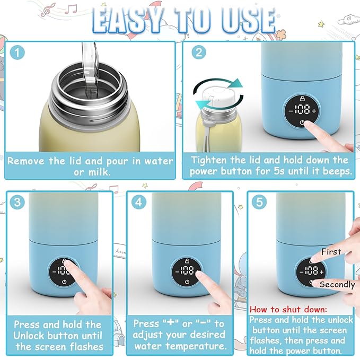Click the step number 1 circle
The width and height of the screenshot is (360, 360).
pos(17,53)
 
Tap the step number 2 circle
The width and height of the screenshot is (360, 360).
pos(198,53)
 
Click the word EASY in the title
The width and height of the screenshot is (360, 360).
pos(128,21)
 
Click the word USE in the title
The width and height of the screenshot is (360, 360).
pos(244,21)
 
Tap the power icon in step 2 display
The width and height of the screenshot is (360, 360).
pos(302,123)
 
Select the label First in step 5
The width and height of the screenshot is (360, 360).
pos(330,251)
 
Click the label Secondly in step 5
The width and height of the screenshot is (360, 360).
pos(337,285)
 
